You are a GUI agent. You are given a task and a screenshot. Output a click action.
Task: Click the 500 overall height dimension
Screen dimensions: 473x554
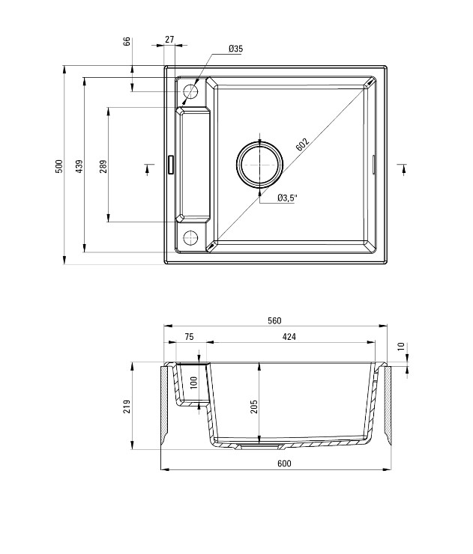coord(60,166)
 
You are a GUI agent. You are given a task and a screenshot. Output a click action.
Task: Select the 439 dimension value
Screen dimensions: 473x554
coord(80,166)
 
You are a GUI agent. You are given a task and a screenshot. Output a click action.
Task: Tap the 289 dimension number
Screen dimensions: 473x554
coord(103,166)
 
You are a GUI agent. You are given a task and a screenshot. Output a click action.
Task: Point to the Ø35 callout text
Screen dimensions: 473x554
coord(235,49)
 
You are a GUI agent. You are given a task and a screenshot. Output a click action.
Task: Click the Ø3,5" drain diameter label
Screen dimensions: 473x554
coord(287,198)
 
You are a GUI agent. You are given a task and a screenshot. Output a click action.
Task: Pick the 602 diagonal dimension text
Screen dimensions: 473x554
coord(303,144)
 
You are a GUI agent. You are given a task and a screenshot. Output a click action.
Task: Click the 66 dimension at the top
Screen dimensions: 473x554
coord(127,41)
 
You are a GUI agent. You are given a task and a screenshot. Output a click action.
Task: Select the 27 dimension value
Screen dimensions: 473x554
coord(170,39)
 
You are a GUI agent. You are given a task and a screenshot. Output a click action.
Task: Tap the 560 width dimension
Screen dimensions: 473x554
coord(274,320)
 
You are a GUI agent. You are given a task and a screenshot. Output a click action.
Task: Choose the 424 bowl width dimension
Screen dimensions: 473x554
coord(289,337)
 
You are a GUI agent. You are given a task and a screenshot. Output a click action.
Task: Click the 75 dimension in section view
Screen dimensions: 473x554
coord(189,337)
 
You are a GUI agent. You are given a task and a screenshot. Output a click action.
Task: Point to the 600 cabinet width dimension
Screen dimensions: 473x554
coord(284,463)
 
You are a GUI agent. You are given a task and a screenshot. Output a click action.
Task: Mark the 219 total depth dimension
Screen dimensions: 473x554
coord(127,407)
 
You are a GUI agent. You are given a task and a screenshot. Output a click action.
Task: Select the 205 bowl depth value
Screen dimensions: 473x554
coord(253,407)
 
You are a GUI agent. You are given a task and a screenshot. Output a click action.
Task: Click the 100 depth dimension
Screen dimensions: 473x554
coord(194,383)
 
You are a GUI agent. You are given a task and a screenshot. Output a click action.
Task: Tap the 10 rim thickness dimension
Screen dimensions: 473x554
coord(401,347)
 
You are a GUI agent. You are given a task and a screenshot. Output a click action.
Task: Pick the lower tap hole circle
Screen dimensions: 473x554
coord(190,237)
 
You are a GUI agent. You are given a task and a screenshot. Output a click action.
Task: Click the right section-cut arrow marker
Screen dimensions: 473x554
coord(403,169)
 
